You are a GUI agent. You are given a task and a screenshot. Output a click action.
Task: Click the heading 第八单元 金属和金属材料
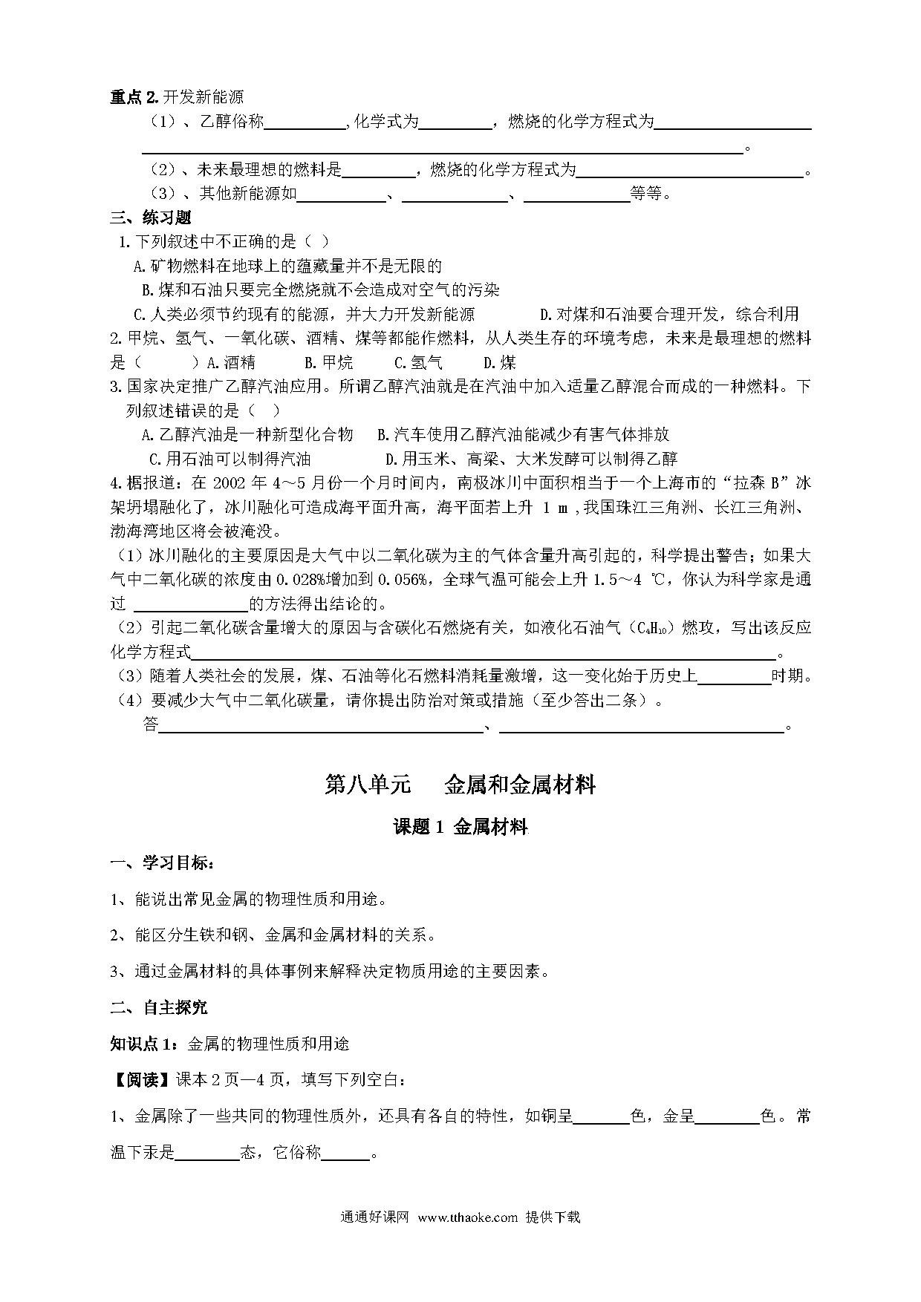[461, 785]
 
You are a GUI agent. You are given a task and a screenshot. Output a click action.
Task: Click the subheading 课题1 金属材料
[461, 827]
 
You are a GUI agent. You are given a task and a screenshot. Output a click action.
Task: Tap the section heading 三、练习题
[151, 217]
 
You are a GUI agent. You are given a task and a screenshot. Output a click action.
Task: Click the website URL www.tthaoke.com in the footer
[467, 1217]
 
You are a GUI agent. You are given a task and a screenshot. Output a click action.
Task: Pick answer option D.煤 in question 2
[500, 363]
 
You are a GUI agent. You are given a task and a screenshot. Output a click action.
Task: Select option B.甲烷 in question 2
[329, 363]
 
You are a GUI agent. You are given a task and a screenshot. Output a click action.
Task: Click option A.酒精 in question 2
[231, 363]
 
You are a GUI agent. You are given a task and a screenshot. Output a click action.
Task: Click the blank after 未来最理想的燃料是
[379, 171]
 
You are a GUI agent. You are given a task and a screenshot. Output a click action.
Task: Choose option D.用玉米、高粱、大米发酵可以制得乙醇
[531, 459]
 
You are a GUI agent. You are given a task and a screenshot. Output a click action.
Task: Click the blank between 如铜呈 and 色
[602, 1116]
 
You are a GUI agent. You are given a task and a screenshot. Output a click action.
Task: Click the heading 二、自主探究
[159, 1007]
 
